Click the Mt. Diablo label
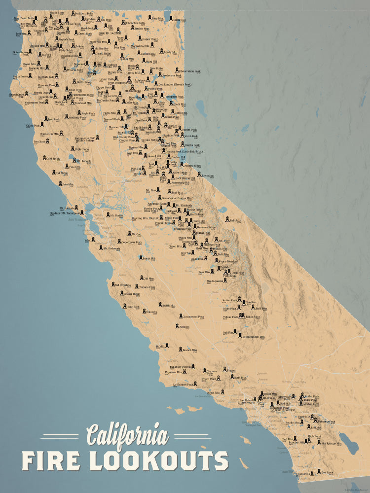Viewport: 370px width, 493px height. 116,215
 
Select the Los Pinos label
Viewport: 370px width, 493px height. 327,471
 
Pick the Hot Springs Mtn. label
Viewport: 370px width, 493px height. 331,443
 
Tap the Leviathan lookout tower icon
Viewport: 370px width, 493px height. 199,174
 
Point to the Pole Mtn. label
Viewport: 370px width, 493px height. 68,184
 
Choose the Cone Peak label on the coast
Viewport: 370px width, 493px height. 133,306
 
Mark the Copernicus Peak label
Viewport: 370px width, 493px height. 132,242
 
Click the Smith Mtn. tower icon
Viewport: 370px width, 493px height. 159,305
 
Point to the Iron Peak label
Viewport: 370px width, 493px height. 53,119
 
